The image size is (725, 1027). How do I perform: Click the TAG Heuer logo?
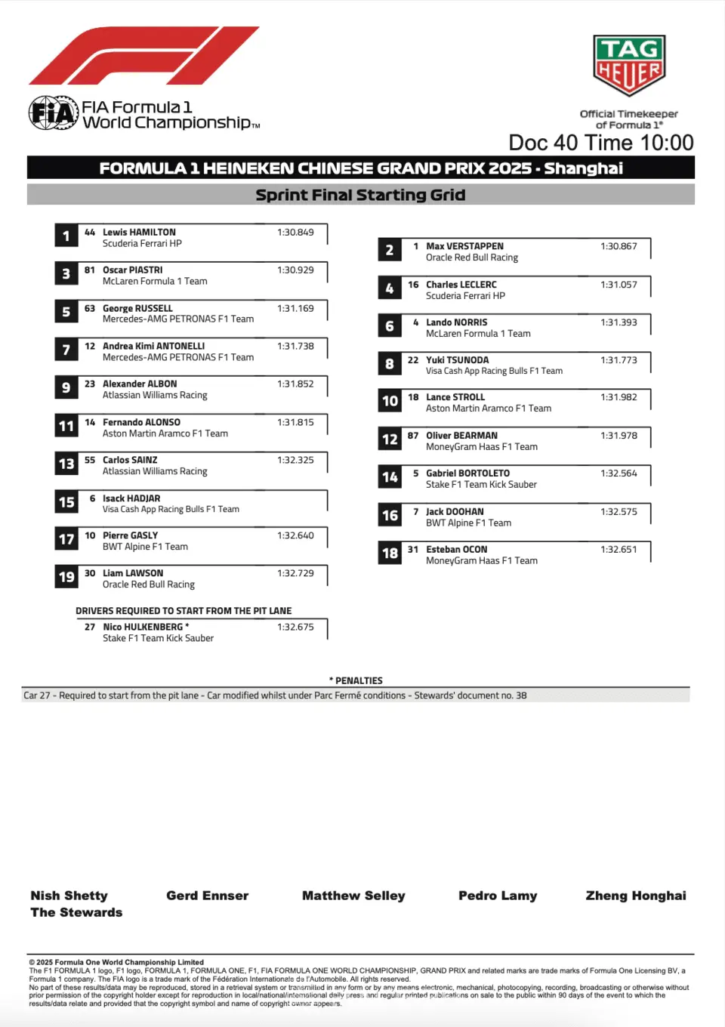628,65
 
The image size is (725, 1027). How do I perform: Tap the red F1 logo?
143,56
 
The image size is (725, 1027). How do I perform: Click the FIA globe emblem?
53,113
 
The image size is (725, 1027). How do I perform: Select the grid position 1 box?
66,236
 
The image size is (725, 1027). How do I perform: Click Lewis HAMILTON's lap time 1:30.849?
295,233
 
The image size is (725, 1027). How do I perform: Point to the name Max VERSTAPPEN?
464,246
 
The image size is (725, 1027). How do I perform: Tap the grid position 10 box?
390,401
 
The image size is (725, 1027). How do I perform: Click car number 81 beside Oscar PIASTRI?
90,270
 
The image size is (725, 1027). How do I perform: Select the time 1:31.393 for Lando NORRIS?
619,322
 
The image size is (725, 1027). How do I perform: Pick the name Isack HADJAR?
131,498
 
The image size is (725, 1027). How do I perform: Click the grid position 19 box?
66,577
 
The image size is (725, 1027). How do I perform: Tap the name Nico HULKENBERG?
143,627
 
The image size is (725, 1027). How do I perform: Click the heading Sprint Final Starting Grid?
360,195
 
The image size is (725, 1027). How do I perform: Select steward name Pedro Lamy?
498,896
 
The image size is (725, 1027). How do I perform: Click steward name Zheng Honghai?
636,896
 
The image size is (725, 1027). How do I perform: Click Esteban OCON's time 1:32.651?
619,550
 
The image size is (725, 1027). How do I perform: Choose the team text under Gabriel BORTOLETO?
481,485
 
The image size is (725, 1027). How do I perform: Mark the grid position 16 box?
390,515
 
